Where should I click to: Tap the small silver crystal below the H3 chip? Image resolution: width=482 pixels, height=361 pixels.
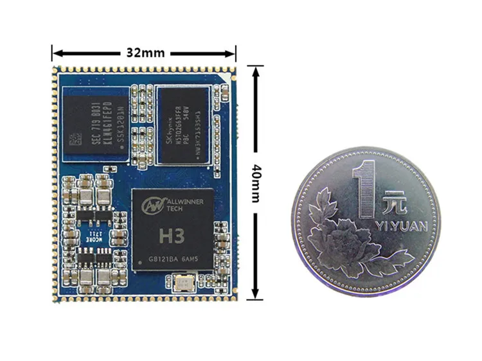[183, 283]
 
